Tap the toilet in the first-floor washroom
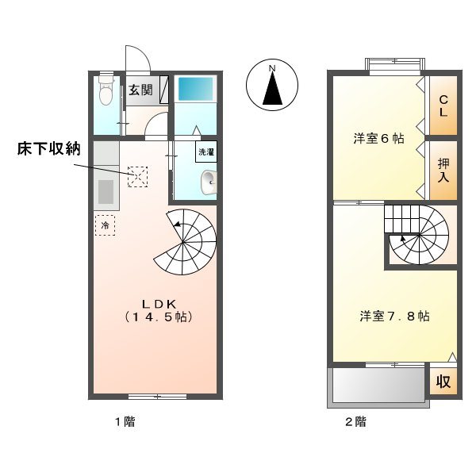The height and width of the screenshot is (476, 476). [x=106, y=92]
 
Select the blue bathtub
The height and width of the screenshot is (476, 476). [x=195, y=88]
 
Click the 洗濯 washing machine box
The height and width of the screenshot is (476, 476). [x=206, y=151]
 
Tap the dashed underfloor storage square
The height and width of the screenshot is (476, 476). [x=138, y=176]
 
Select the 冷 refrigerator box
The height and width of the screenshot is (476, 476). [x=106, y=225]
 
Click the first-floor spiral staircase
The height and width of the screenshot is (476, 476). [x=186, y=241]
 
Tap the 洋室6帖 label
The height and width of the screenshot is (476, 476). [x=378, y=139]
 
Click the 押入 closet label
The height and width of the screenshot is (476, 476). [x=443, y=170]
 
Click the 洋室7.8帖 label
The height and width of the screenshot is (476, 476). [x=394, y=316]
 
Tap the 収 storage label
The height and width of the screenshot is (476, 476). [x=443, y=382]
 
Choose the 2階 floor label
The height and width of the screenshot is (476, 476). [x=355, y=421]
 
